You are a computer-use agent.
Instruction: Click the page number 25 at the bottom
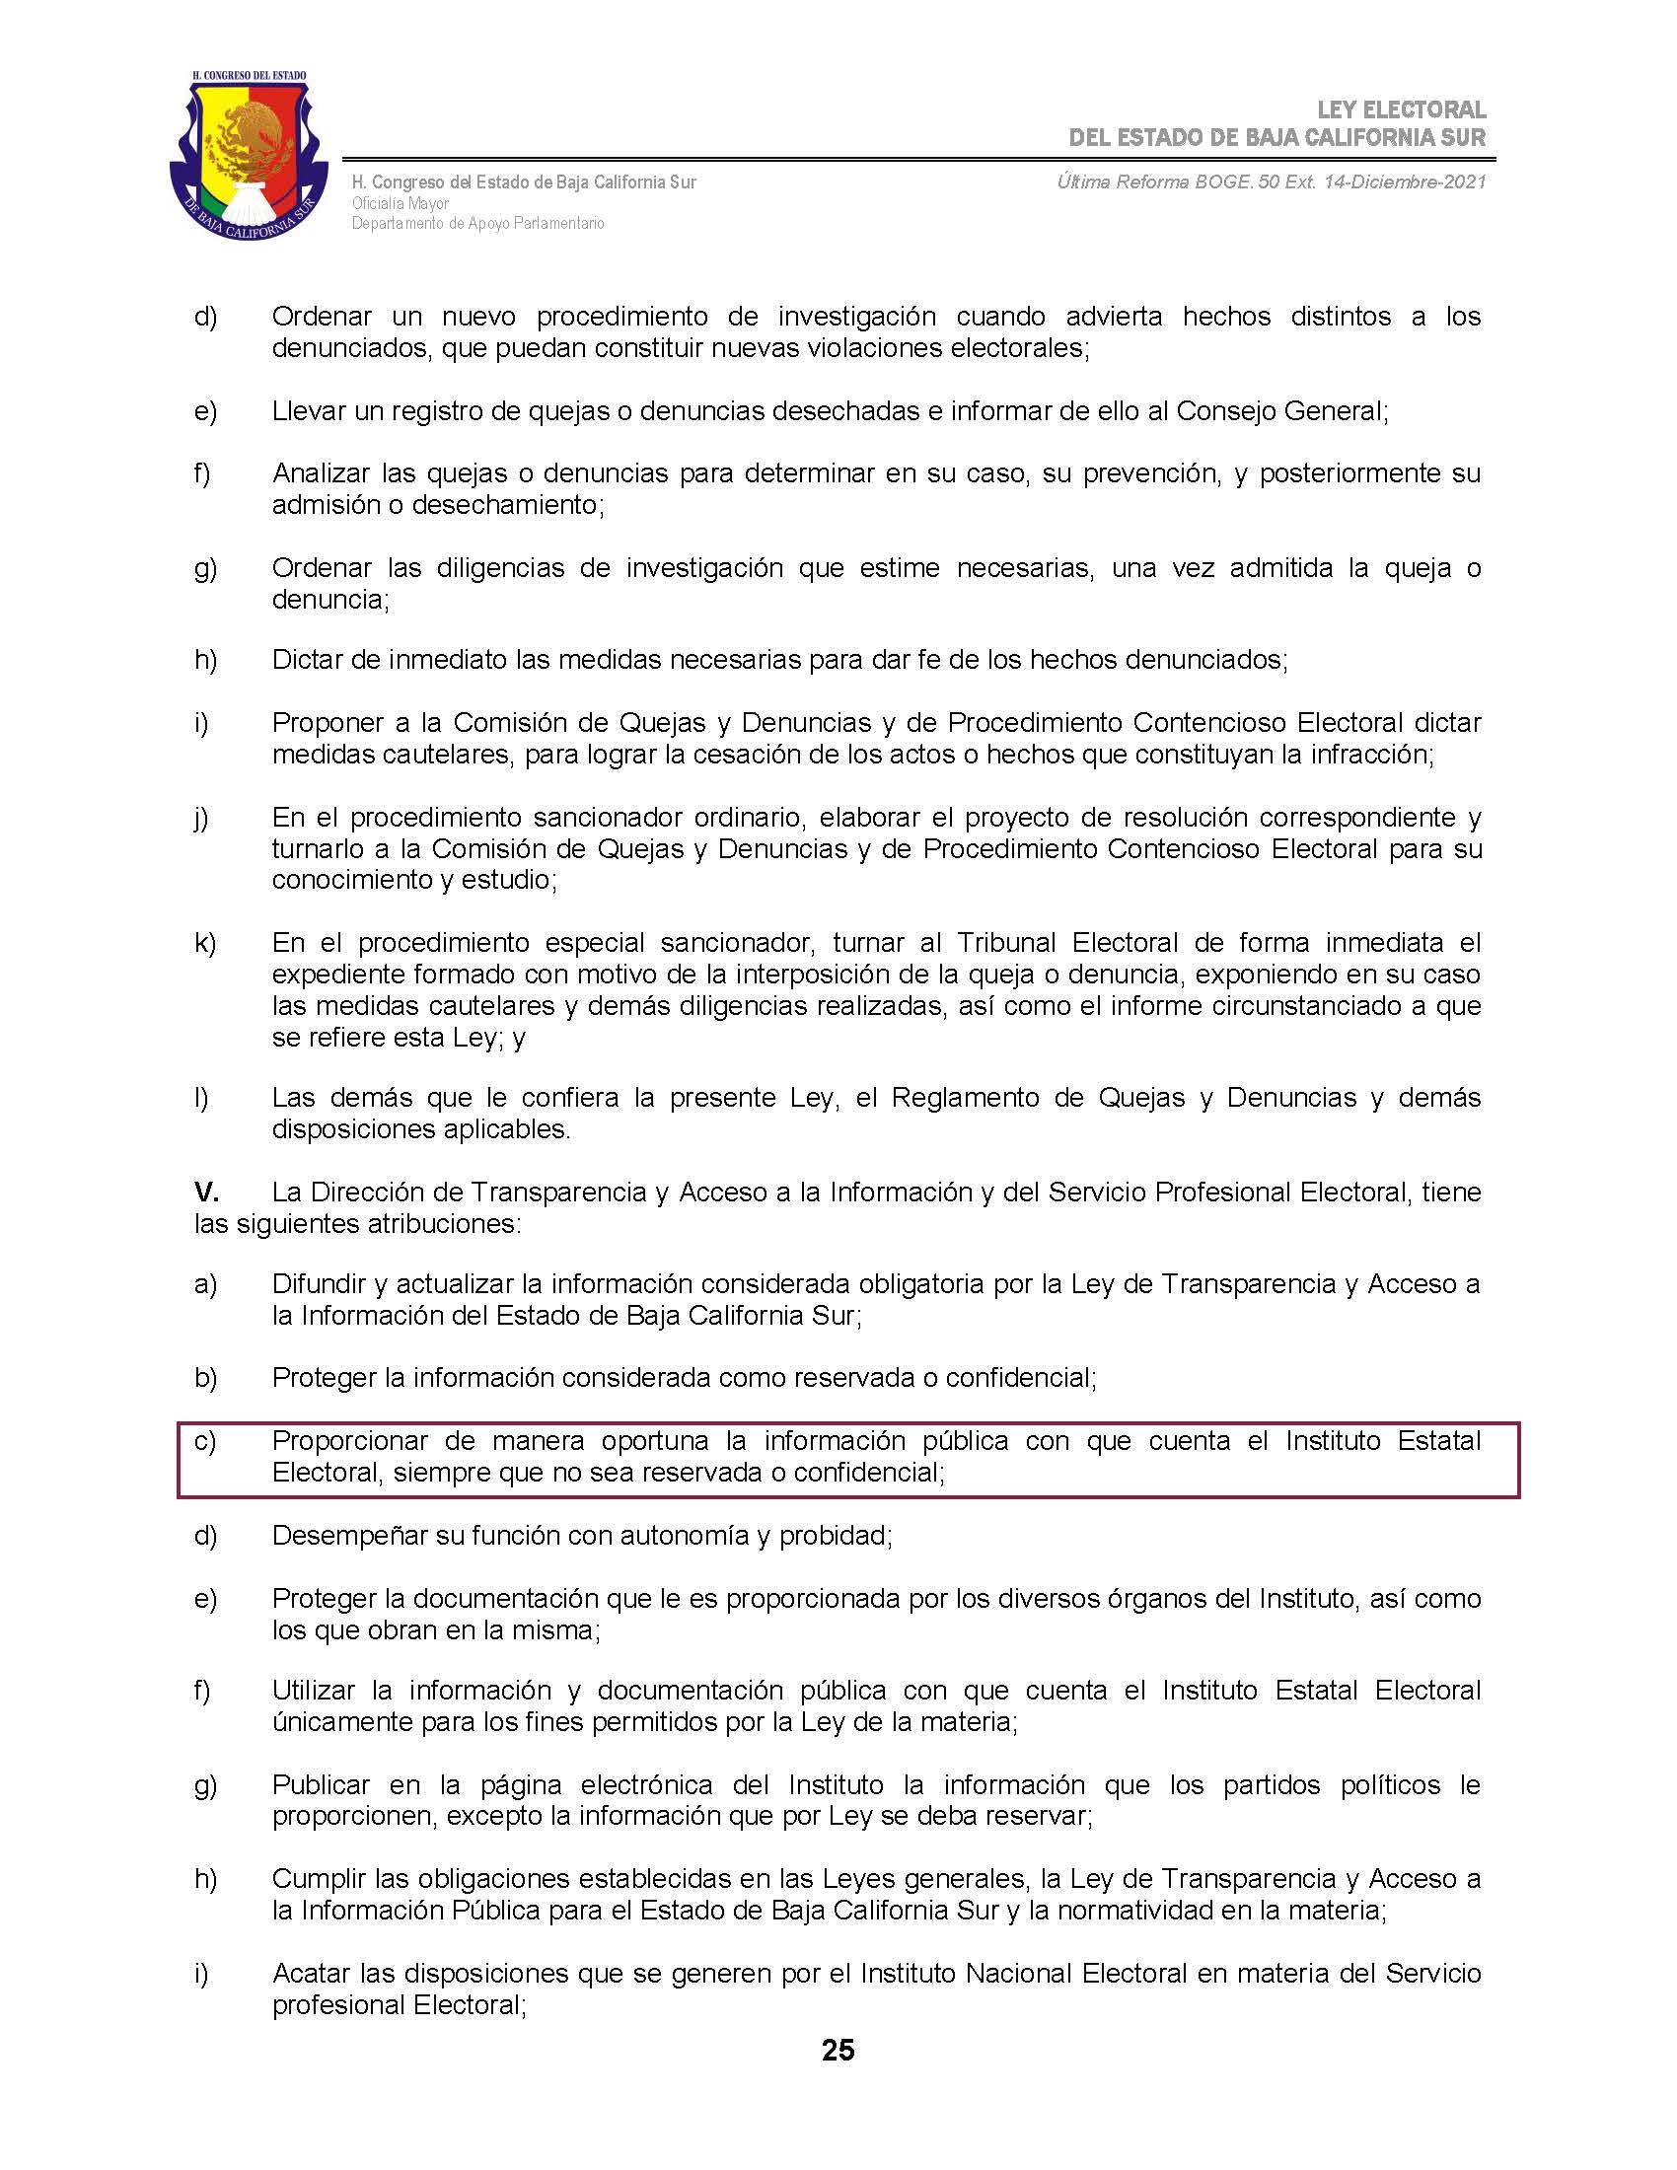(838, 2050)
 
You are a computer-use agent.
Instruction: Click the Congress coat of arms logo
(249, 156)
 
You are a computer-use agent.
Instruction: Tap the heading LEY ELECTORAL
(1401, 109)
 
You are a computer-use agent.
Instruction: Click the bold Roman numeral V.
(205, 1192)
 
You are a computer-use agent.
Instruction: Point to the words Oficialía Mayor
(401, 202)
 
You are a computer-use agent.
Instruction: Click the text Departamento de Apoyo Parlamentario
(477, 224)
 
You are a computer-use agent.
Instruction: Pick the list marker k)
(204, 942)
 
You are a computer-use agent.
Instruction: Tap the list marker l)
(201, 1098)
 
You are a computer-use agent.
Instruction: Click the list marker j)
(201, 818)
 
